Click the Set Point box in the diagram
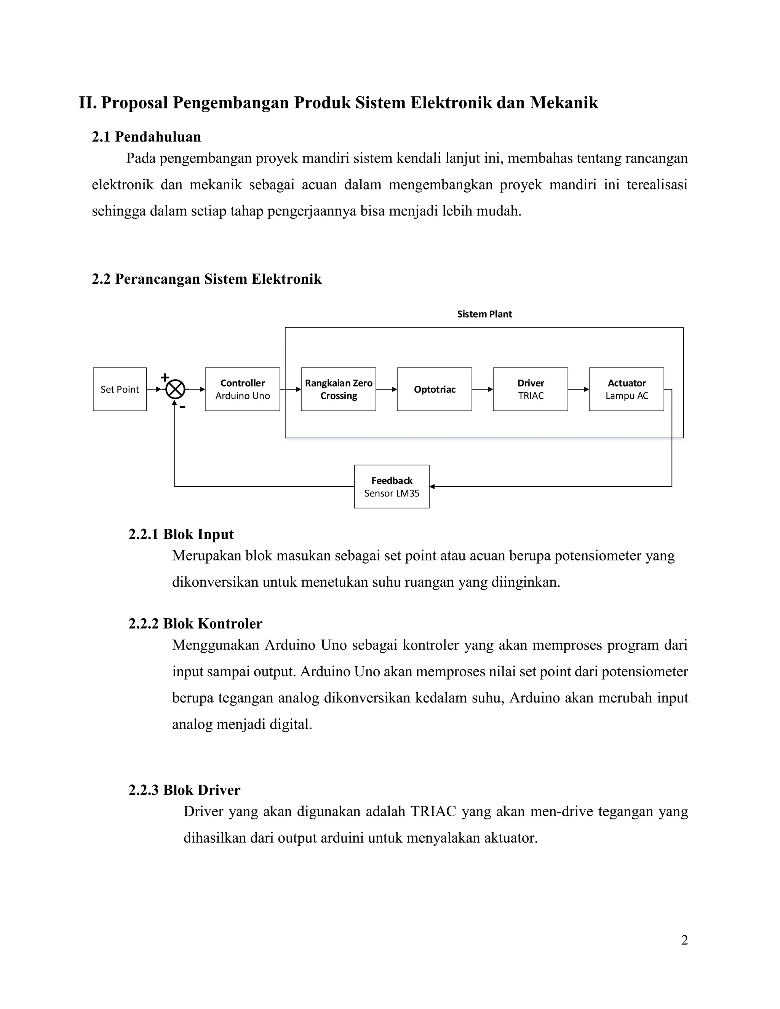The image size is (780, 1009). tap(120, 389)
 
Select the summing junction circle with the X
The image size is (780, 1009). tap(175, 389)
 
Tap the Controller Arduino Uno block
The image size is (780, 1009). tap(242, 389)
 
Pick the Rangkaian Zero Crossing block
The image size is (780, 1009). tap(338, 389)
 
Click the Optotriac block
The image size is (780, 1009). tap(434, 389)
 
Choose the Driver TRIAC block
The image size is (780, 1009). tap(531, 389)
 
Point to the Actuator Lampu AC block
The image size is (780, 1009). tap(626, 389)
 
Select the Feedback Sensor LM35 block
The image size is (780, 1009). tap(392, 487)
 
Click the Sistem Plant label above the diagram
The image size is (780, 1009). tap(484, 314)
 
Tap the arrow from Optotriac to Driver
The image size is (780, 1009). tap(483, 389)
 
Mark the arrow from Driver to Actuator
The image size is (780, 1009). tap(579, 389)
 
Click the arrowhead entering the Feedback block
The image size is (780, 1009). tap(432, 487)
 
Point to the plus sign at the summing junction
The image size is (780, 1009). tap(165, 377)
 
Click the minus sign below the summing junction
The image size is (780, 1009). tap(182, 407)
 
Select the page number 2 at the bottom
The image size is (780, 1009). tap(684, 940)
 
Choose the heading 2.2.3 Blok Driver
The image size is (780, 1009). tap(184, 790)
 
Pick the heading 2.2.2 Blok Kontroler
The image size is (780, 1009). tap(195, 624)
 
